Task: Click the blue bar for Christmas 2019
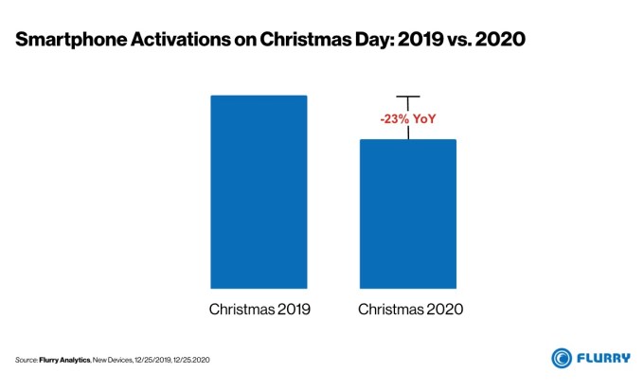point(259,191)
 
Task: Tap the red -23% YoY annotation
point(407,119)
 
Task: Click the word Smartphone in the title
point(68,41)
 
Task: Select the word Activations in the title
point(170,41)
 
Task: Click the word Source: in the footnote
point(26,360)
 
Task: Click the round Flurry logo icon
point(563,358)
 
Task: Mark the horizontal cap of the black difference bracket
point(407,97)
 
